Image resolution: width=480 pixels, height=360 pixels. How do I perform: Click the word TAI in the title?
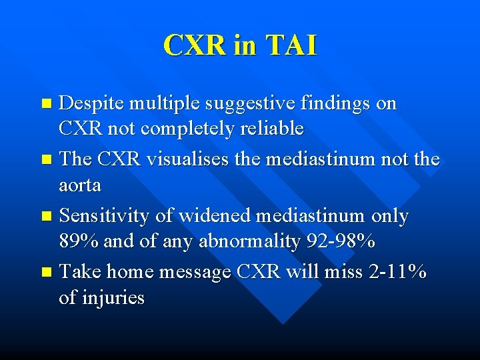(291, 45)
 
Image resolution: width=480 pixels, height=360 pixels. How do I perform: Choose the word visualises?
(180, 160)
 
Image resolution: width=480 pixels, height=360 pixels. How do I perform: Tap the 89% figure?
(79, 241)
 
